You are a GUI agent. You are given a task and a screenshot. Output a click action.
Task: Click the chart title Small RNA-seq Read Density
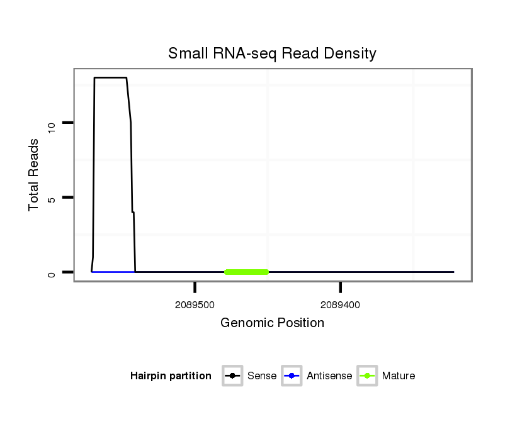(x=272, y=53)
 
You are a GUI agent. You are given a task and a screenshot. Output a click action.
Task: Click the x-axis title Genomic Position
(x=272, y=323)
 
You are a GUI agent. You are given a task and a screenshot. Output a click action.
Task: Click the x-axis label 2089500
(x=195, y=305)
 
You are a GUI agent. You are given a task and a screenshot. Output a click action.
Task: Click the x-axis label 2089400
(x=340, y=305)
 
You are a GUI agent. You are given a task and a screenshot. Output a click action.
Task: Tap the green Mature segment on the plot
(x=247, y=272)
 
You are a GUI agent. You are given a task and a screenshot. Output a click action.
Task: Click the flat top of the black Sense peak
(x=110, y=78)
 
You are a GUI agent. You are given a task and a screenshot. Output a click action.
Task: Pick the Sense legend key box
(x=232, y=376)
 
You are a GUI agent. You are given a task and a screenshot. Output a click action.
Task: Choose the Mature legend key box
(x=367, y=376)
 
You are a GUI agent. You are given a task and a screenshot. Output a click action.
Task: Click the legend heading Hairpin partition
(x=171, y=376)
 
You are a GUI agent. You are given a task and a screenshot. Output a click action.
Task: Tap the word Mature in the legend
(x=399, y=376)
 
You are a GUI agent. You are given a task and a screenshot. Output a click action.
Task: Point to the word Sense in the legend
(x=262, y=376)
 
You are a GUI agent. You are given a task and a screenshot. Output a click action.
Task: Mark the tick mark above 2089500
(x=195, y=287)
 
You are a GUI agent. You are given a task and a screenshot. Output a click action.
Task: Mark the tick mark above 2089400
(x=340, y=287)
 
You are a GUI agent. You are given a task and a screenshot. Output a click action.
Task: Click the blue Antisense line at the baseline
(x=113, y=272)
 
